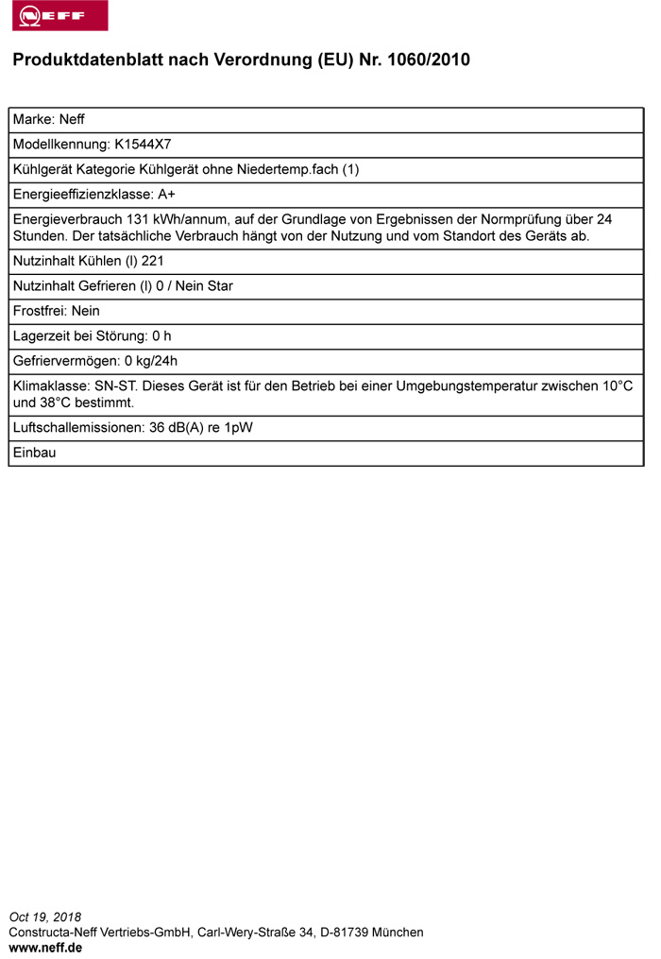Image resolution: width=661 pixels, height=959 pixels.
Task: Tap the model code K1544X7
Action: [x=143, y=145]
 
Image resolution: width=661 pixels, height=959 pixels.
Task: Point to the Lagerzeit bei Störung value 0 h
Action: [x=161, y=335]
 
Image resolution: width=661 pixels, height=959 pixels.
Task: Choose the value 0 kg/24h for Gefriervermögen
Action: [x=151, y=360]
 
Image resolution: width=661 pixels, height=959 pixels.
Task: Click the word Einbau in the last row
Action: [x=35, y=453]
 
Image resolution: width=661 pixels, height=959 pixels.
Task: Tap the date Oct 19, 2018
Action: [x=45, y=916]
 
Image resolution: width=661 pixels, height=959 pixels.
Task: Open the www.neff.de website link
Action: [x=45, y=947]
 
